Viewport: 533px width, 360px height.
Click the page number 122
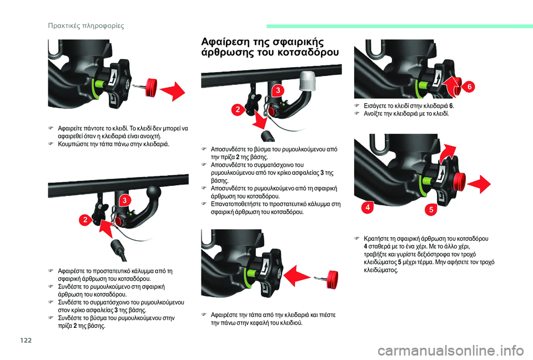coord(26,340)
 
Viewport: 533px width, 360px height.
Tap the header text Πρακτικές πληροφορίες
coord(86,26)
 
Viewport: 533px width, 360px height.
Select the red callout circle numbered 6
coord(469,87)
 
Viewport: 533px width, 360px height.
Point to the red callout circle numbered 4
coord(368,207)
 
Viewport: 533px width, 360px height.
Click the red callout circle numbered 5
coord(431,210)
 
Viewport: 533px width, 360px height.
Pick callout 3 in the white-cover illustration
coord(278,90)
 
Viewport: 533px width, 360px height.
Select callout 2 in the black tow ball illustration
coord(85,220)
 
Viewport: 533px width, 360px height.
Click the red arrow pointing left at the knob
coord(297,275)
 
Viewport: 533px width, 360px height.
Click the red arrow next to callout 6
coord(452,86)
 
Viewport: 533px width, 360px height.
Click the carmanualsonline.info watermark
coord(450,350)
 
